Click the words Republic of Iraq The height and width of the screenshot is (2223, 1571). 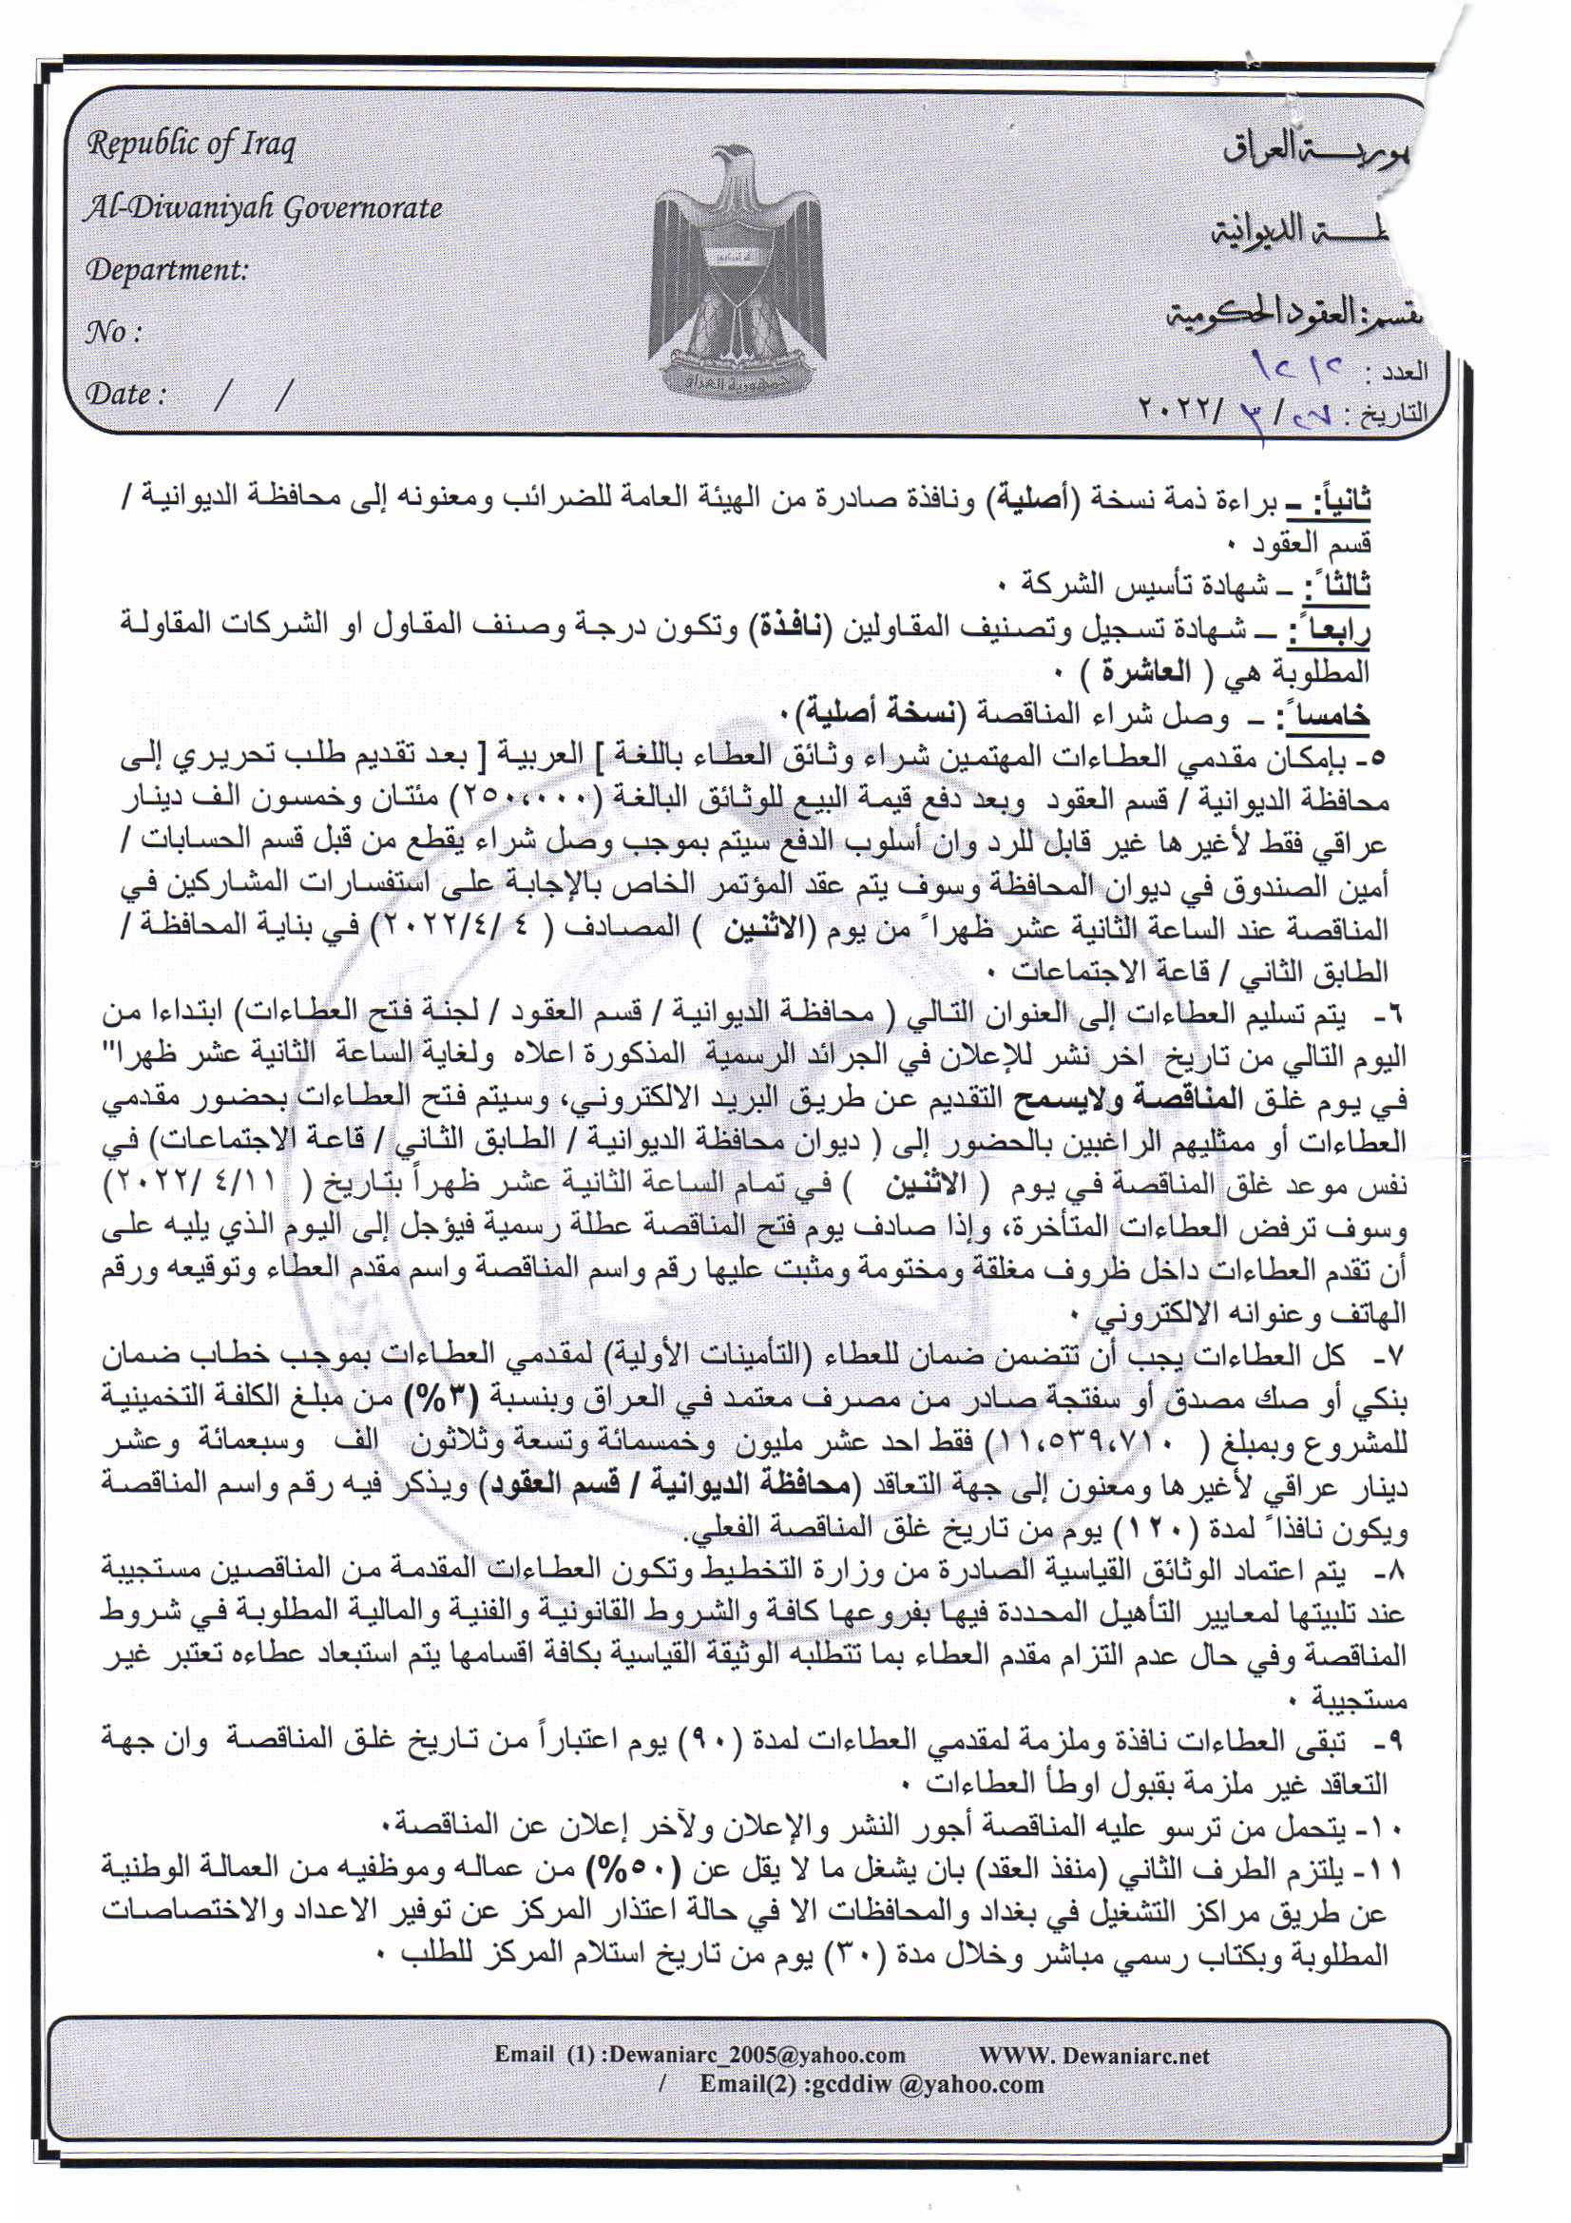[192, 145]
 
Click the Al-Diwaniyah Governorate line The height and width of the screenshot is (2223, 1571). [263, 208]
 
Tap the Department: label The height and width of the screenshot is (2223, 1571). [166, 269]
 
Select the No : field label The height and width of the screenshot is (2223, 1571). [113, 333]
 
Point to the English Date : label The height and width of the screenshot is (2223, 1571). [125, 395]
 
